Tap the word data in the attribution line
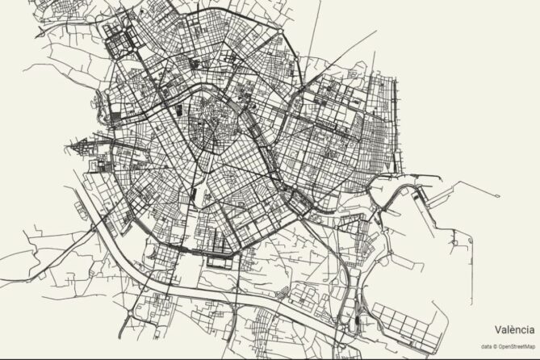[486, 346]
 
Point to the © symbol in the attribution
[496, 346]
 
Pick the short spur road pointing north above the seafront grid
[376, 65]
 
